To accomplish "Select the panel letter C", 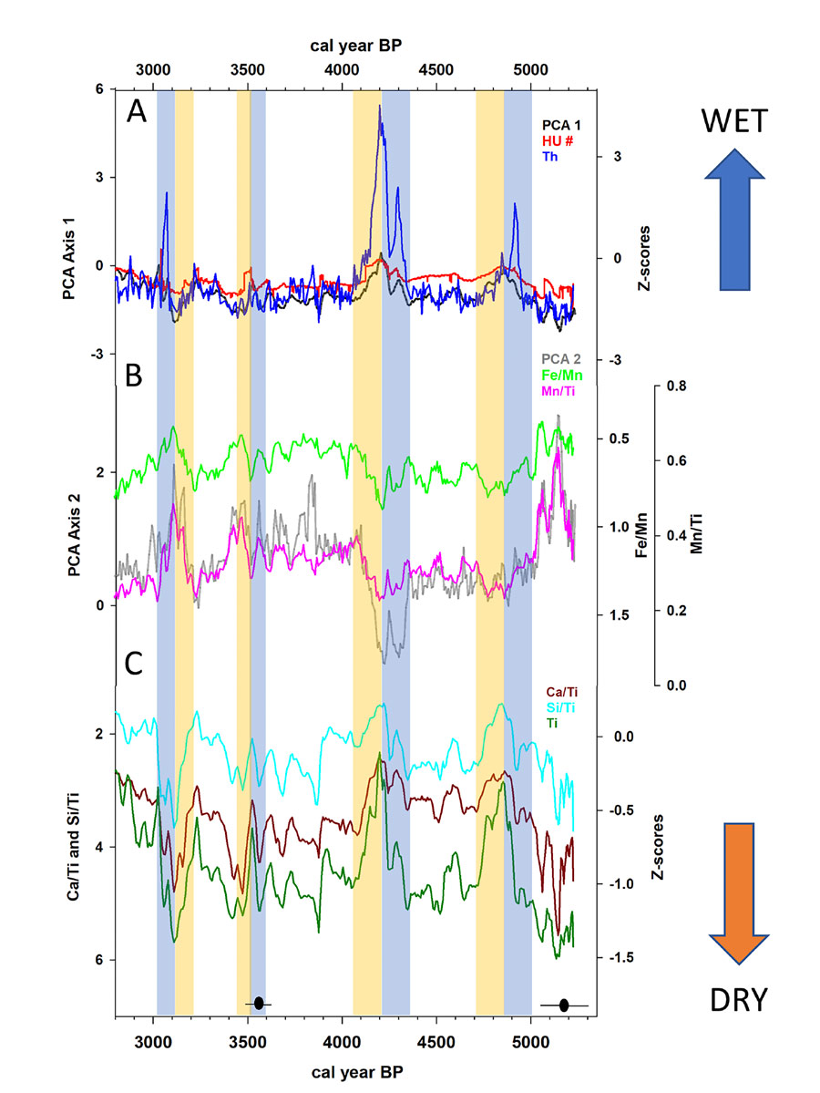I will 135,664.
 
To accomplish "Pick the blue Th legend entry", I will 551,157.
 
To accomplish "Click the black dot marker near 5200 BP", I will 564,1005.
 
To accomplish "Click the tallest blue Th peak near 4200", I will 380,120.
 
